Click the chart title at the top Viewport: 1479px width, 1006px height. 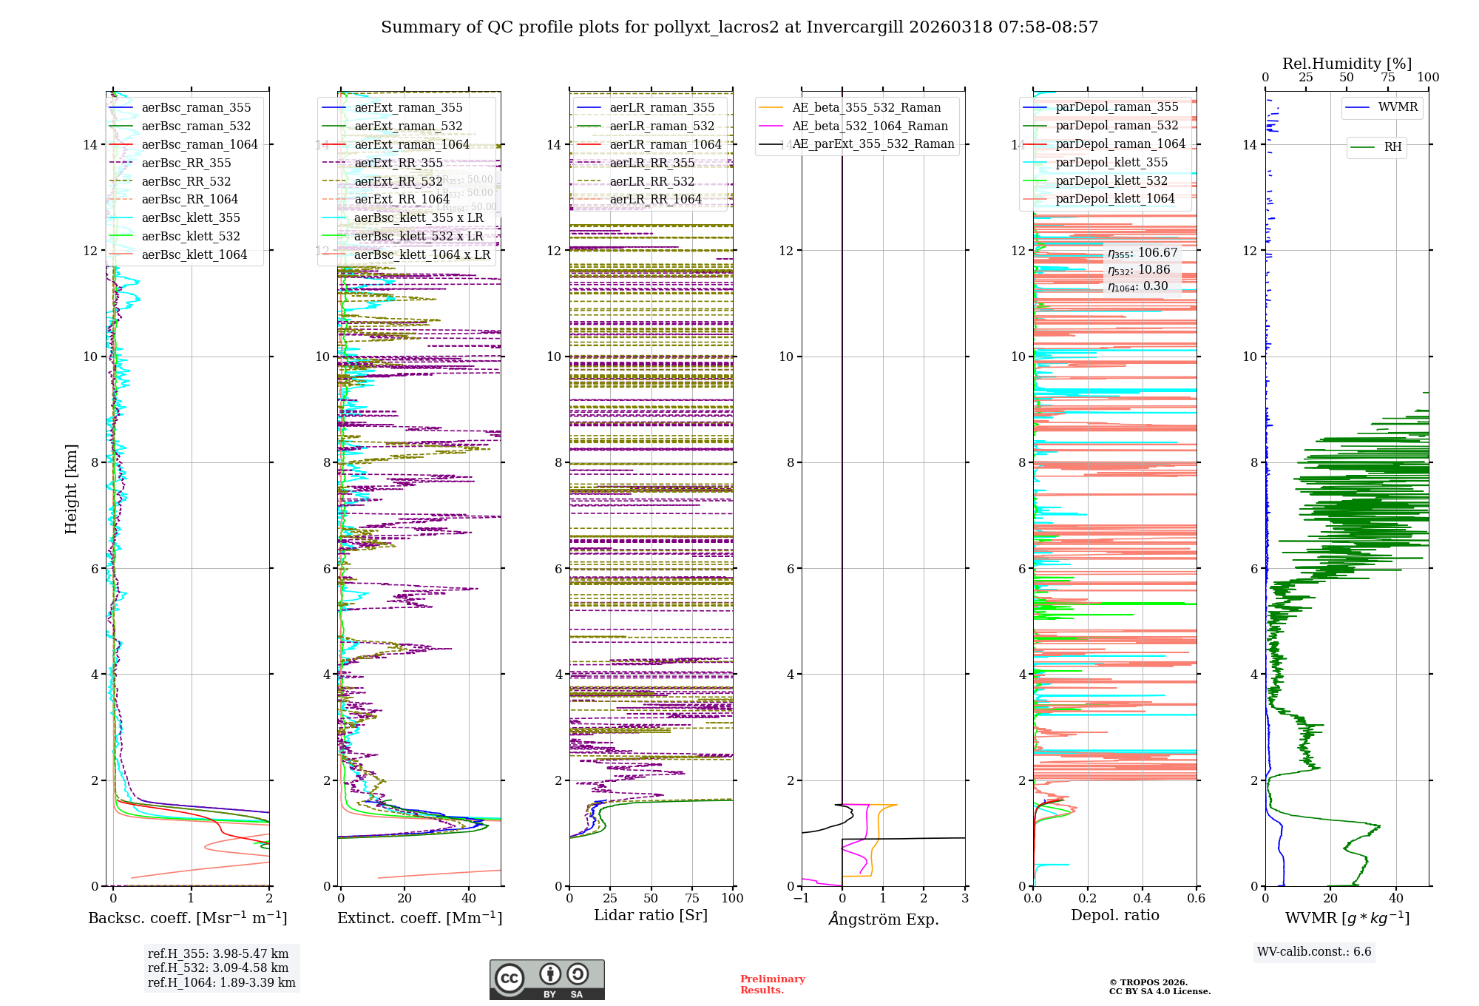tap(739, 27)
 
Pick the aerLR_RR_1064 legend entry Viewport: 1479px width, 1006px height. tap(655, 200)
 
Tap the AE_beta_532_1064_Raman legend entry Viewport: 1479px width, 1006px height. tap(870, 126)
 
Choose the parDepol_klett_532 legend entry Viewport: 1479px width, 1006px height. tap(1111, 181)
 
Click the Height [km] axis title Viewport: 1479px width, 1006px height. tap(71, 489)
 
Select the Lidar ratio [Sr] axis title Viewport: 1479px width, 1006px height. tap(651, 915)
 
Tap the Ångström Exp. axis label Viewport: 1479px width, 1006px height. tap(883, 919)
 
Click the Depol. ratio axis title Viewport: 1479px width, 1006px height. tap(1114, 915)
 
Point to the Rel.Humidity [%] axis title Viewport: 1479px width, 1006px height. tap(1347, 64)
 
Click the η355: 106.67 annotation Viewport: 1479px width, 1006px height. tap(1142, 253)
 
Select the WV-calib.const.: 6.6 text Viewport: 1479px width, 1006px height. tap(1314, 952)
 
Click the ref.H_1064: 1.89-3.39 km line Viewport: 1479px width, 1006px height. tap(221, 983)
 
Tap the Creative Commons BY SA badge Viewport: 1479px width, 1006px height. tap(546, 980)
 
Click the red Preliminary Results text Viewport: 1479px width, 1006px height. tap(772, 985)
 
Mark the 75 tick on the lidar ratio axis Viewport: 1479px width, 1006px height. tap(692, 898)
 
